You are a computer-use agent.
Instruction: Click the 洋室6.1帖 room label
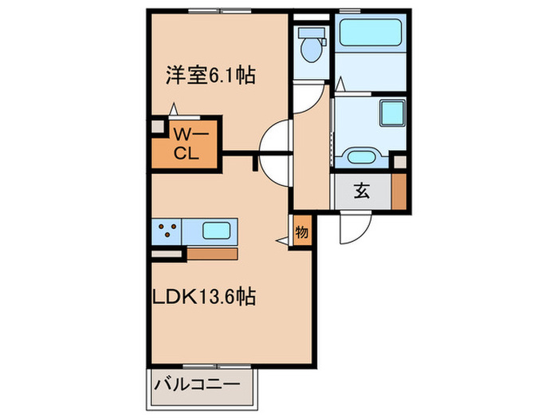pos(210,77)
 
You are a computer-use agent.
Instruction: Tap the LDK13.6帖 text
pos(204,297)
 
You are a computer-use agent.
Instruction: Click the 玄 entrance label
pos(361,191)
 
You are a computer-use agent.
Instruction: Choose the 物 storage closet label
pos(301,232)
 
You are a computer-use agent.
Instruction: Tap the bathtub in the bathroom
pos(371,34)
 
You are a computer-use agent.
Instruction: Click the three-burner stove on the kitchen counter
pos(168,231)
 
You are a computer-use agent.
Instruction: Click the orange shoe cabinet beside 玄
pos(399,191)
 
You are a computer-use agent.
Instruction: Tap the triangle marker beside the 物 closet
pos(282,238)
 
